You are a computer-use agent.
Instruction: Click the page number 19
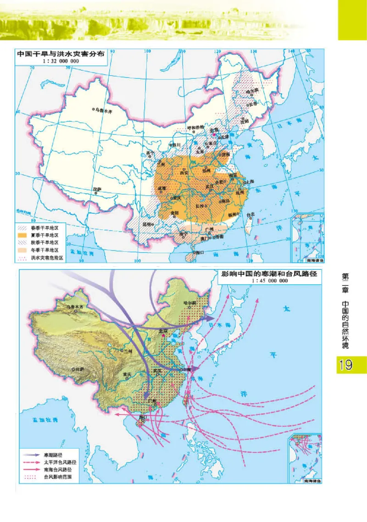pos(346,365)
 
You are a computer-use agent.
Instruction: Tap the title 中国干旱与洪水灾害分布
pos(61,53)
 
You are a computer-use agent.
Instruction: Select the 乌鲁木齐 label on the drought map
pos(104,111)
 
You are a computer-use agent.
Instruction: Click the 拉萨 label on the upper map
pos(96,189)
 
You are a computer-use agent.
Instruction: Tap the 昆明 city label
pos(147,224)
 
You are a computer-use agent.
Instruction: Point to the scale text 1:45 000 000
pos(270,281)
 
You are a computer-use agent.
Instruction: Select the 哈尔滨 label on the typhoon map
pos(189,303)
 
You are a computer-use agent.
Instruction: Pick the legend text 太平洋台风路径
pos(60,462)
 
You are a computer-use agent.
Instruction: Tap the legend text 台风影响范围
pos(57,477)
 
